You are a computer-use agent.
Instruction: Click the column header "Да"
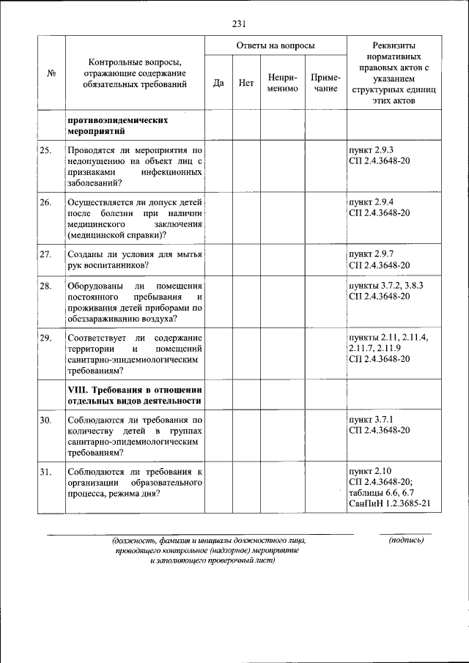pyautogui.click(x=218, y=83)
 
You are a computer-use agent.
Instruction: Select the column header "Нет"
pyautogui.click(x=246, y=83)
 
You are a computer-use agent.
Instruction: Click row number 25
pyautogui.click(x=46, y=150)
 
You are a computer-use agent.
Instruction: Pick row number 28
pyautogui.click(x=46, y=286)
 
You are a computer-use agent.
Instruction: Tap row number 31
pyautogui.click(x=46, y=471)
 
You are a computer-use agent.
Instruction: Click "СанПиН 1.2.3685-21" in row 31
pyautogui.click(x=389, y=504)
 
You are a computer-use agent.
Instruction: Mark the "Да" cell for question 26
pyautogui.click(x=218, y=218)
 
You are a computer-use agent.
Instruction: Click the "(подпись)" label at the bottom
pyautogui.click(x=406, y=541)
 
